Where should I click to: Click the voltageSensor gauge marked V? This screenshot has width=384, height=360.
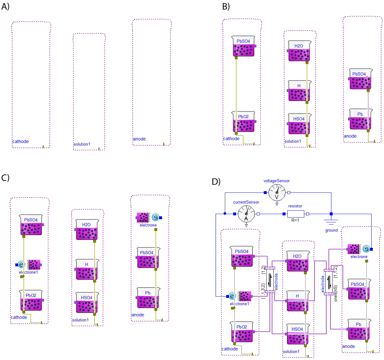277,192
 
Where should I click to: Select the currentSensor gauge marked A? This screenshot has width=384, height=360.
246,214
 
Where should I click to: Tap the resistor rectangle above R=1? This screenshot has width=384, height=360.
295,214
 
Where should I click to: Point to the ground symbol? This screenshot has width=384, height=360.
331,222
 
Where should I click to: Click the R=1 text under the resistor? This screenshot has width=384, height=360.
295,220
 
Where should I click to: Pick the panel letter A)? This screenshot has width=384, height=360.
5,6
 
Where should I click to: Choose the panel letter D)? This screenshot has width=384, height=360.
216,182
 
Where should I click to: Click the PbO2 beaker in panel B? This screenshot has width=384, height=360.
244,122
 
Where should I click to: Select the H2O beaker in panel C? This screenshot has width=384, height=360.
87,230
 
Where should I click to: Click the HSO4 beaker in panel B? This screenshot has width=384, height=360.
299,124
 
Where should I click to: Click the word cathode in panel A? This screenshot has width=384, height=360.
20,141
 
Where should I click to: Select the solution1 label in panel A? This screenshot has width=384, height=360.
82,144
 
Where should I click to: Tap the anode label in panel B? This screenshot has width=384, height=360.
350,136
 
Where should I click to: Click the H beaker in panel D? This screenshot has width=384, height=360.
298,301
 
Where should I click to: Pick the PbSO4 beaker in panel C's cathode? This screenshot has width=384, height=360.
31,225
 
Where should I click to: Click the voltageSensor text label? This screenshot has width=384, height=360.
277,181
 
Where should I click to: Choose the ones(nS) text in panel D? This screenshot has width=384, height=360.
336,293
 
